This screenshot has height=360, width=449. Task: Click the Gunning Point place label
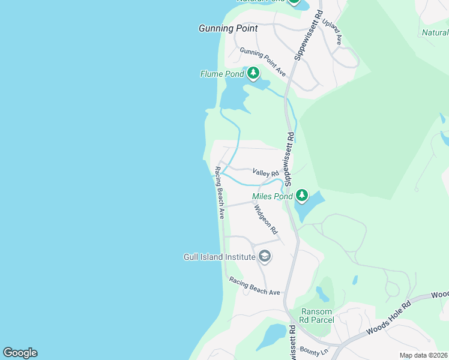point(228,28)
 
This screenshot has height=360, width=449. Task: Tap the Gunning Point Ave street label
point(262,61)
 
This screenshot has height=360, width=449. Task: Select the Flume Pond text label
point(222,74)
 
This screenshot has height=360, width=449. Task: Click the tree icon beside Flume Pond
point(253,73)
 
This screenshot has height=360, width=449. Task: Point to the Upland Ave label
point(331,31)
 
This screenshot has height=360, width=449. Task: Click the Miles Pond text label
point(272,196)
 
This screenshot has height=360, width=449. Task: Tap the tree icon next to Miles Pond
point(301,196)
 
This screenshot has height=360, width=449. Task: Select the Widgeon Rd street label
point(265,219)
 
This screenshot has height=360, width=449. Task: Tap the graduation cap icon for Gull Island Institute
point(264,257)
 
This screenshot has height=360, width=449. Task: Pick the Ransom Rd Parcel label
point(316,316)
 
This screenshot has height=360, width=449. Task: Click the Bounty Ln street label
point(313,350)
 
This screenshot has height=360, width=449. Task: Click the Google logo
point(20,353)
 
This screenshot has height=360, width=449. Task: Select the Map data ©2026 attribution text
point(423,355)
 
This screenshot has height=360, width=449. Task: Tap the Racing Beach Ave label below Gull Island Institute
point(255,286)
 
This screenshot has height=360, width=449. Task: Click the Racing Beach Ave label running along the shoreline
point(220,192)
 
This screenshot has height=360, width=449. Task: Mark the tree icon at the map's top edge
point(294,2)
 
